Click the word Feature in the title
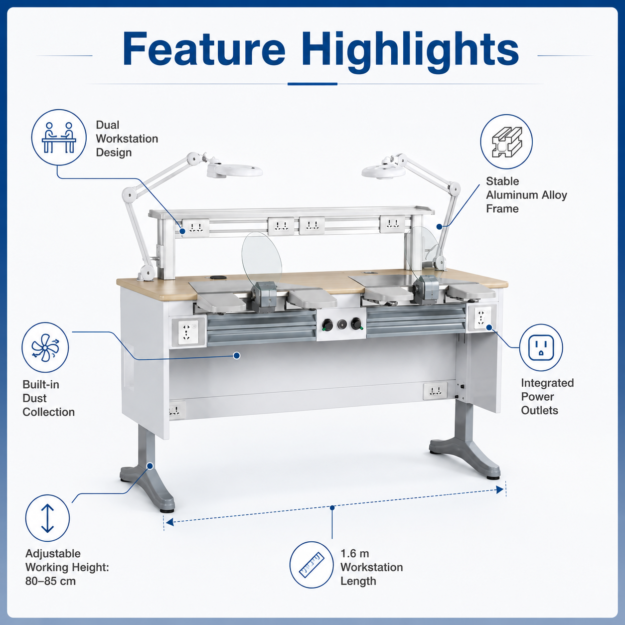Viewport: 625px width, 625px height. point(204,49)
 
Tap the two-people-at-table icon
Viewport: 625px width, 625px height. point(59,137)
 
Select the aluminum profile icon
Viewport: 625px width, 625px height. point(506,142)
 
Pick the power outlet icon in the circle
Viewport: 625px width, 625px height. point(541,348)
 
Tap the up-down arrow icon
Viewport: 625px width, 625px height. point(47,518)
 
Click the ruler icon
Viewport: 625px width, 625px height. point(312,565)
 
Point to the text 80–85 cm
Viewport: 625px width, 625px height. point(50,581)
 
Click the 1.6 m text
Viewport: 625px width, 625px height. point(354,553)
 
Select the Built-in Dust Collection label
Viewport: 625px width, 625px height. point(49,398)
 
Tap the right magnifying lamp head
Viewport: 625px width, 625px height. point(383,170)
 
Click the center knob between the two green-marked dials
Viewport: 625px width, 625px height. point(342,324)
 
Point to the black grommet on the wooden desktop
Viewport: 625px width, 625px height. point(215,278)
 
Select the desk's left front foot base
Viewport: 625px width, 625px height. point(148,486)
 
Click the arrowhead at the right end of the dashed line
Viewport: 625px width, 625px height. point(500,490)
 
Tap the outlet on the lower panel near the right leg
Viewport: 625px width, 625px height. point(435,391)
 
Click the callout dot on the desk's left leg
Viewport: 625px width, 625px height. point(150,466)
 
